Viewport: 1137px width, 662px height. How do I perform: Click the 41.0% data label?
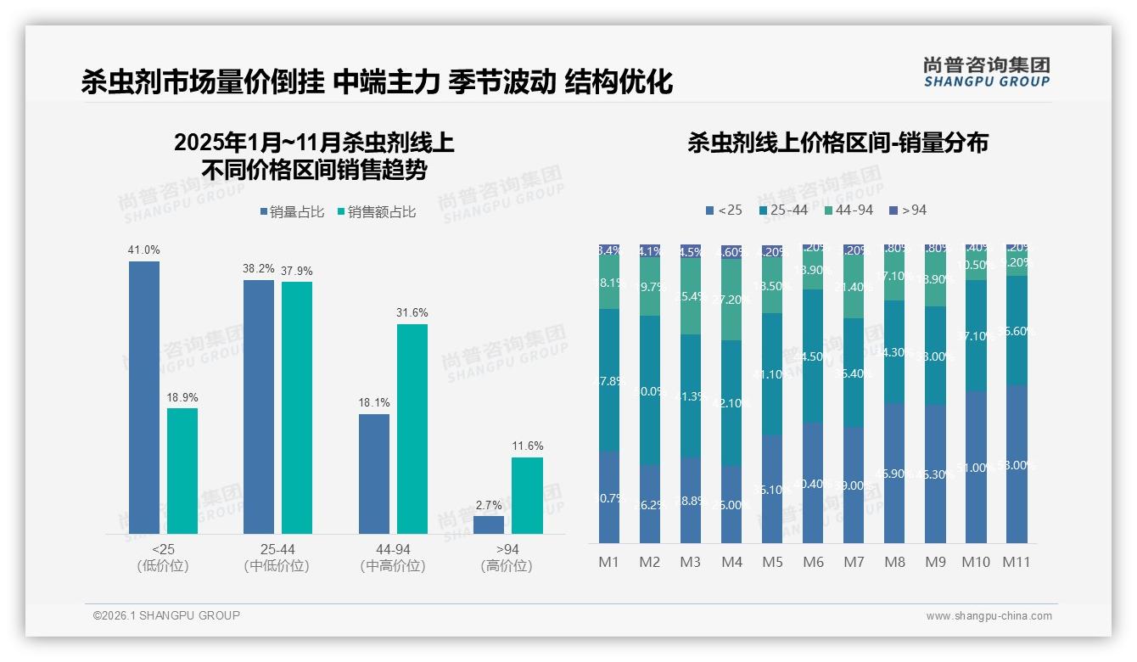[144, 250]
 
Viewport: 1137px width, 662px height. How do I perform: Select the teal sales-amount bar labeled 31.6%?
[412, 429]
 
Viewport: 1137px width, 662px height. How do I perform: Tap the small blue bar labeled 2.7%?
[489, 525]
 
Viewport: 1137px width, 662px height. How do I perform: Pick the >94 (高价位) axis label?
[507, 558]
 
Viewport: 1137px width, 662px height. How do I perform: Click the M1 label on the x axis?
[608, 562]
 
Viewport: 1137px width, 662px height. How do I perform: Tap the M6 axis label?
[813, 562]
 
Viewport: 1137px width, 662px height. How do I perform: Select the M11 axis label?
[1017, 562]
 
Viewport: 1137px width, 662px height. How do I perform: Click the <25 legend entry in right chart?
[724, 210]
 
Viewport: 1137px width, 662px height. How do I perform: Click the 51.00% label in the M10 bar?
[975, 468]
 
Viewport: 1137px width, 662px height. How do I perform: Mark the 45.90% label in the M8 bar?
[893, 474]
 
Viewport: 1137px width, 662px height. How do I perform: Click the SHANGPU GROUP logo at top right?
[987, 72]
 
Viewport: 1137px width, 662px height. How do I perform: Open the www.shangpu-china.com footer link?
[989, 616]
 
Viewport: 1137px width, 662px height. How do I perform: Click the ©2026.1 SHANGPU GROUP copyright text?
[166, 615]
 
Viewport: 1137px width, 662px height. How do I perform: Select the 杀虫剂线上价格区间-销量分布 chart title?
[837, 143]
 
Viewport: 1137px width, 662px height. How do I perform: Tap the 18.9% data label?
[182, 397]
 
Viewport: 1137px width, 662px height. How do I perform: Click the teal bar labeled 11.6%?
[527, 496]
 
